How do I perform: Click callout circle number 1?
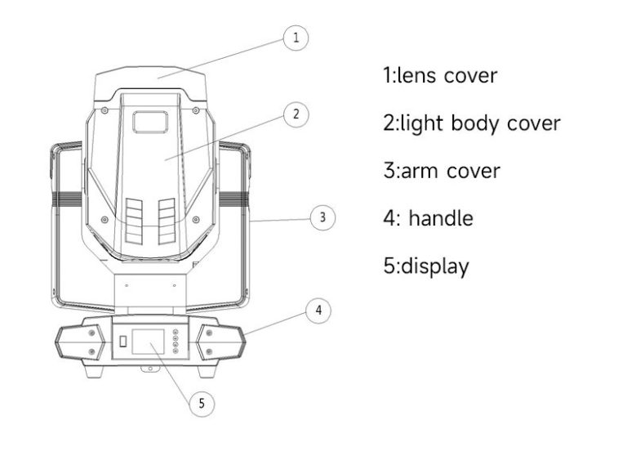click(296, 38)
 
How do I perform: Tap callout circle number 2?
click(296, 114)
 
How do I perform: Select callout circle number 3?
click(322, 217)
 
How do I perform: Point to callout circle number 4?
click(318, 311)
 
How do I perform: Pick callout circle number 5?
click(202, 403)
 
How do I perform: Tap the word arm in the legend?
click(421, 171)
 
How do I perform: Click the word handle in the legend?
click(441, 218)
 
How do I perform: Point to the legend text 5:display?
click(426, 266)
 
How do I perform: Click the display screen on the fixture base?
click(148, 342)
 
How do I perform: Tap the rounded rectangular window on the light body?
click(150, 122)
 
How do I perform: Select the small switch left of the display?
click(123, 341)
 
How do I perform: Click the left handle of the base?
click(80, 342)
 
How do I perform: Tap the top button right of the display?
click(176, 332)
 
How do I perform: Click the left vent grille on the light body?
click(134, 221)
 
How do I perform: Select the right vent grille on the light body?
click(167, 221)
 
